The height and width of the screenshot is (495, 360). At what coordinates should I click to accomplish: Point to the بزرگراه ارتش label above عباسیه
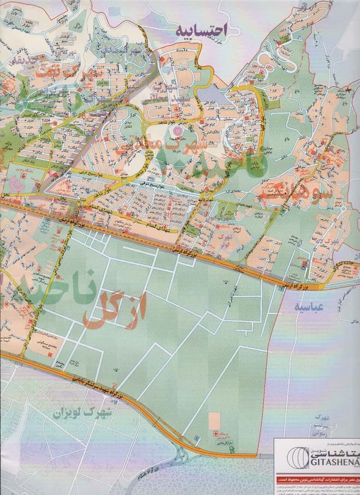coord(302,284)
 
